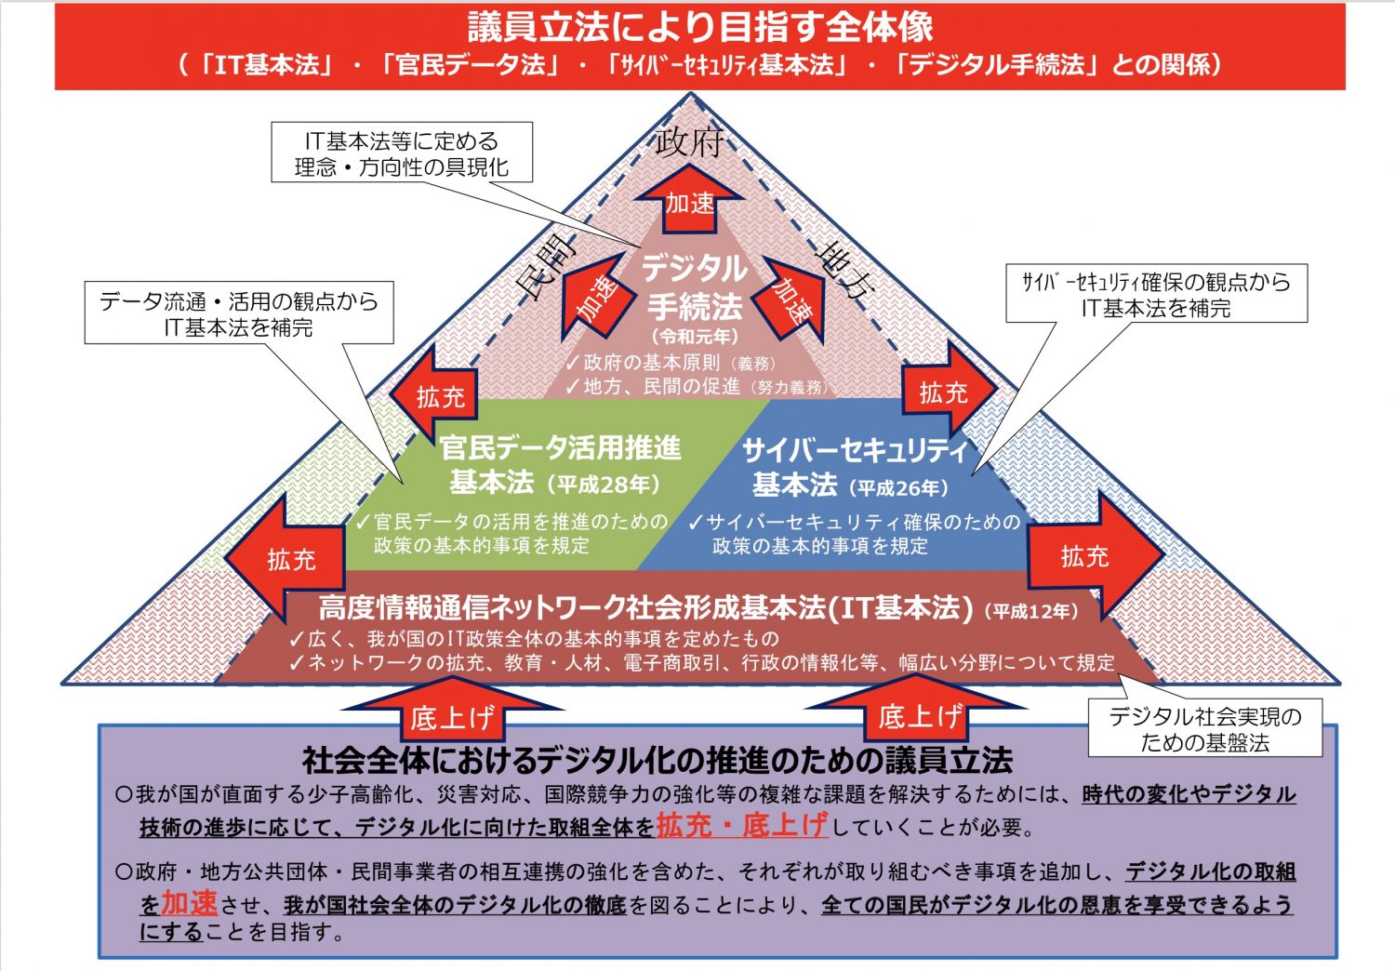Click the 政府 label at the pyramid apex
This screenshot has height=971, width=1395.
689,140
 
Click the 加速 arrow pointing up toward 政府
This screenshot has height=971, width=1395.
689,201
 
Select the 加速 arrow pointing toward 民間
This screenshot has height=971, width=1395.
596,298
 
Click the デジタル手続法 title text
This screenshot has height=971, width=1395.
695,286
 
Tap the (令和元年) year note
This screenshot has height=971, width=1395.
695,337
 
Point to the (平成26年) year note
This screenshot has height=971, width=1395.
898,487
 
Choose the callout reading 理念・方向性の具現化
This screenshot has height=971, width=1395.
402,153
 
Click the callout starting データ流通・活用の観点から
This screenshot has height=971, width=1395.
239,313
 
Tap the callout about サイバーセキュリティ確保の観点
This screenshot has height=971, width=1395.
1156,294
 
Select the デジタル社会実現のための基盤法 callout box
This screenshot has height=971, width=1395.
1204,728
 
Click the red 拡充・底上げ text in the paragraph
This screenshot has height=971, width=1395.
741,825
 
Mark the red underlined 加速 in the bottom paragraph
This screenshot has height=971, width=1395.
189,902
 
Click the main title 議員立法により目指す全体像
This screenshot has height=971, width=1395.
699,28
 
